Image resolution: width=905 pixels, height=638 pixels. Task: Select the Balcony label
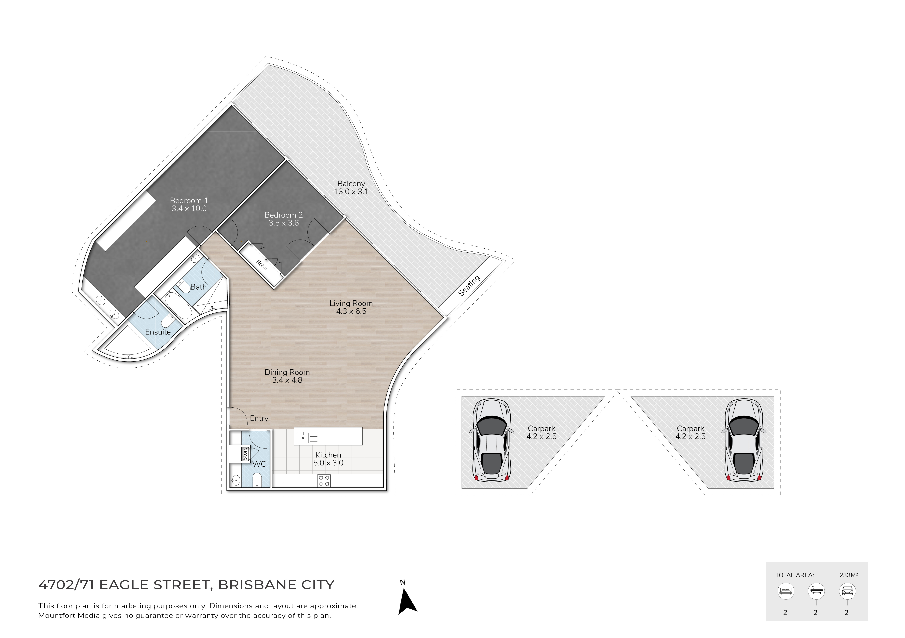[x=351, y=184]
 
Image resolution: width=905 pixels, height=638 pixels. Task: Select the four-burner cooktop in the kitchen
[x=324, y=481]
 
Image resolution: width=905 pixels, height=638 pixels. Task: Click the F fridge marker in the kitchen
[x=283, y=481]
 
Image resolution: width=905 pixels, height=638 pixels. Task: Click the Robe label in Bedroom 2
[x=261, y=265]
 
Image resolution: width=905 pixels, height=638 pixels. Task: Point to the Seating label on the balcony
[x=469, y=285]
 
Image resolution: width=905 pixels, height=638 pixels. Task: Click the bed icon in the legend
[x=786, y=591]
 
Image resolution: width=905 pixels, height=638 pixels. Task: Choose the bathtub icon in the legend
[x=816, y=591]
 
